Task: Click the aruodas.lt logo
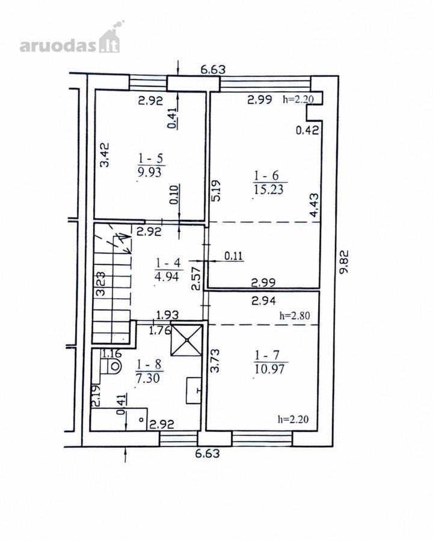(71, 38)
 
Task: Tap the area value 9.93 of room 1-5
(149, 172)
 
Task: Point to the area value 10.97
(269, 369)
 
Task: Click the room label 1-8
(149, 364)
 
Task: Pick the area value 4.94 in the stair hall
(167, 277)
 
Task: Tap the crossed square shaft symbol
(186, 340)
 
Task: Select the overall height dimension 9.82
(344, 262)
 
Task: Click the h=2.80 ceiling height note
(295, 316)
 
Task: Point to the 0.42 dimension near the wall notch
(307, 130)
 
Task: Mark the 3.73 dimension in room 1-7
(215, 361)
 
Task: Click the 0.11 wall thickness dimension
(234, 256)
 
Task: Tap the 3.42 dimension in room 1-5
(105, 155)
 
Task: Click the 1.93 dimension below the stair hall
(167, 315)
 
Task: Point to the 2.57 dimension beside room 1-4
(197, 278)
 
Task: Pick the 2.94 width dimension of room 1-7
(264, 301)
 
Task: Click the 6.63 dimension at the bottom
(207, 453)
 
